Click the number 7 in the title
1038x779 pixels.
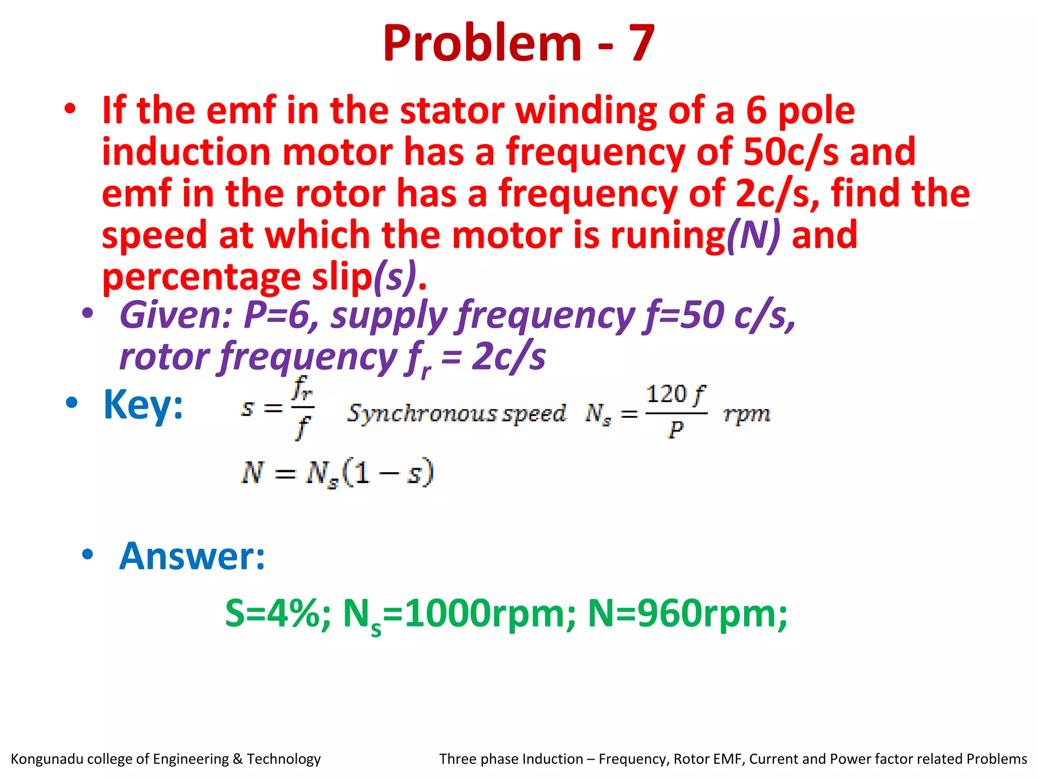(x=641, y=44)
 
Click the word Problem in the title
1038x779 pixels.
(x=482, y=44)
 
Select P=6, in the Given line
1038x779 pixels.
(x=281, y=315)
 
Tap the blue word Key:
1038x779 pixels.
(x=143, y=405)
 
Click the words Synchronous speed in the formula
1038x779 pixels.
(x=456, y=413)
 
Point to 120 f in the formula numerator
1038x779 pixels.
(x=676, y=395)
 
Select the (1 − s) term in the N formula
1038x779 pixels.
(x=388, y=473)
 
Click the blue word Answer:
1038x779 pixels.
(x=192, y=556)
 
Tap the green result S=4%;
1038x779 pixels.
(x=278, y=614)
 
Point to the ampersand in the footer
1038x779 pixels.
(x=238, y=759)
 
